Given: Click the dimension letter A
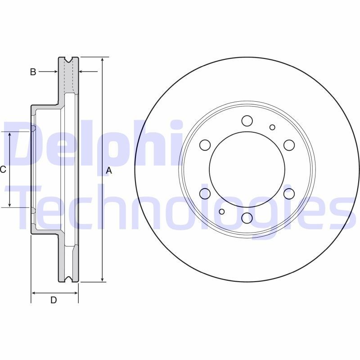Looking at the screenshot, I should point(108,171).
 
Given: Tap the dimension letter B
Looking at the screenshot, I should point(33,72).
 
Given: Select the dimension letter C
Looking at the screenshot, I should point(3,170).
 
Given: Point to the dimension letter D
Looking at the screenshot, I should point(54,300).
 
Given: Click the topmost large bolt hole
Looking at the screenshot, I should point(247,121).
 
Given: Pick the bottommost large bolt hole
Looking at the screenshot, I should point(247,218).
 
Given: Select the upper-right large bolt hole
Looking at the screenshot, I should point(289,145).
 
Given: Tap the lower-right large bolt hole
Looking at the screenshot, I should point(289,193).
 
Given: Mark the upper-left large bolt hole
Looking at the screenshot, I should point(205,145).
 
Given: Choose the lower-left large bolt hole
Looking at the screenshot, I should point(205,193).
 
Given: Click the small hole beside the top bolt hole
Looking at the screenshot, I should point(272,127).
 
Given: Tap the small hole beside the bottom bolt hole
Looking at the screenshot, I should point(221,211).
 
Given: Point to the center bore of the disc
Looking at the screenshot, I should point(247,169).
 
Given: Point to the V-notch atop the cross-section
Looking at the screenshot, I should point(68,60).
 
